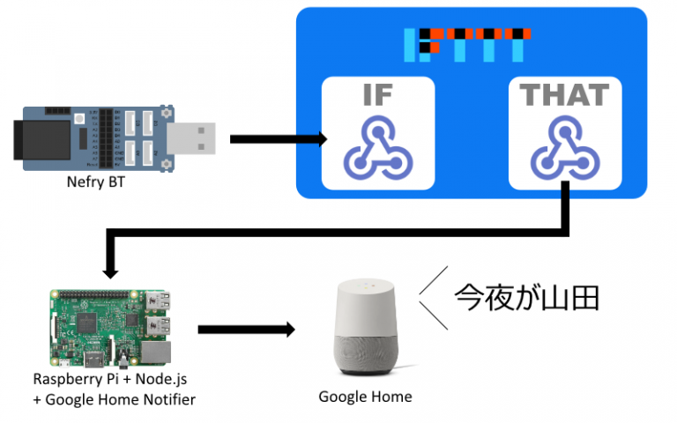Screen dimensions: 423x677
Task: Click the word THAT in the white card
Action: click(x=564, y=96)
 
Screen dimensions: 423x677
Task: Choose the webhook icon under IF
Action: click(x=377, y=148)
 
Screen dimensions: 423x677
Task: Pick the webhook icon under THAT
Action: click(x=564, y=148)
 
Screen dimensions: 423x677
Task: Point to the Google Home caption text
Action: click(x=365, y=397)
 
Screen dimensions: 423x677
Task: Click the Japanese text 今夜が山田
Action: click(x=526, y=297)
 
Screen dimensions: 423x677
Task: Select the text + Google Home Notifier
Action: click(x=113, y=399)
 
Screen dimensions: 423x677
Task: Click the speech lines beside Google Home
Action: click(x=432, y=296)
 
